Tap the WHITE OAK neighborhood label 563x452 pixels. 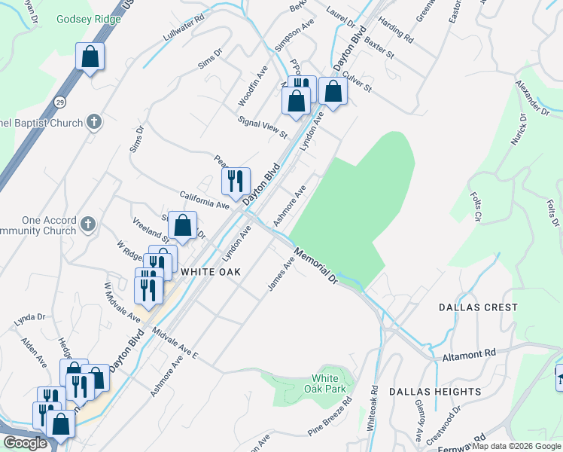click(x=209, y=271)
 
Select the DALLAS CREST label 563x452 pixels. click(x=479, y=307)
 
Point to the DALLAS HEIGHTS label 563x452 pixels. click(x=435, y=392)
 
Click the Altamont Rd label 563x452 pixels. click(x=469, y=353)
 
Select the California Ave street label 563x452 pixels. click(x=204, y=200)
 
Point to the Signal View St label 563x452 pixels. click(x=263, y=127)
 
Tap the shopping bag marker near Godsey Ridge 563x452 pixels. click(x=90, y=56)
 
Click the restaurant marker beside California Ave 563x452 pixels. click(x=236, y=182)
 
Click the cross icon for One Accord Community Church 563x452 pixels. click(x=88, y=224)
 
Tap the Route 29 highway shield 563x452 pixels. click(x=59, y=101)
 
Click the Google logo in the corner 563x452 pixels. click(x=25, y=443)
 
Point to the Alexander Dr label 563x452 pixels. click(x=532, y=97)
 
